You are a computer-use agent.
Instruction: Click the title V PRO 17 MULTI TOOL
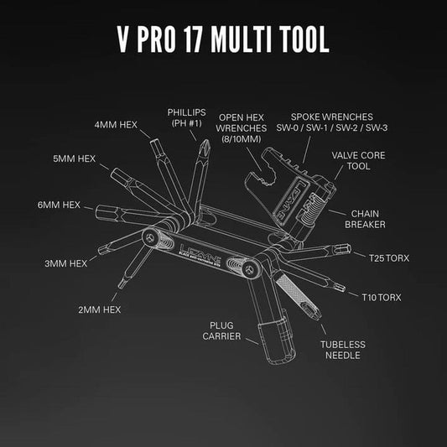click(x=222, y=42)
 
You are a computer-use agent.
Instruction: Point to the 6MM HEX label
click(x=59, y=204)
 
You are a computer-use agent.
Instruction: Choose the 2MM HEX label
click(x=99, y=309)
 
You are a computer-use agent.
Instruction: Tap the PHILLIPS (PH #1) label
click(x=186, y=118)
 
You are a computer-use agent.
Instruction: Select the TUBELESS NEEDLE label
click(x=341, y=349)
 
